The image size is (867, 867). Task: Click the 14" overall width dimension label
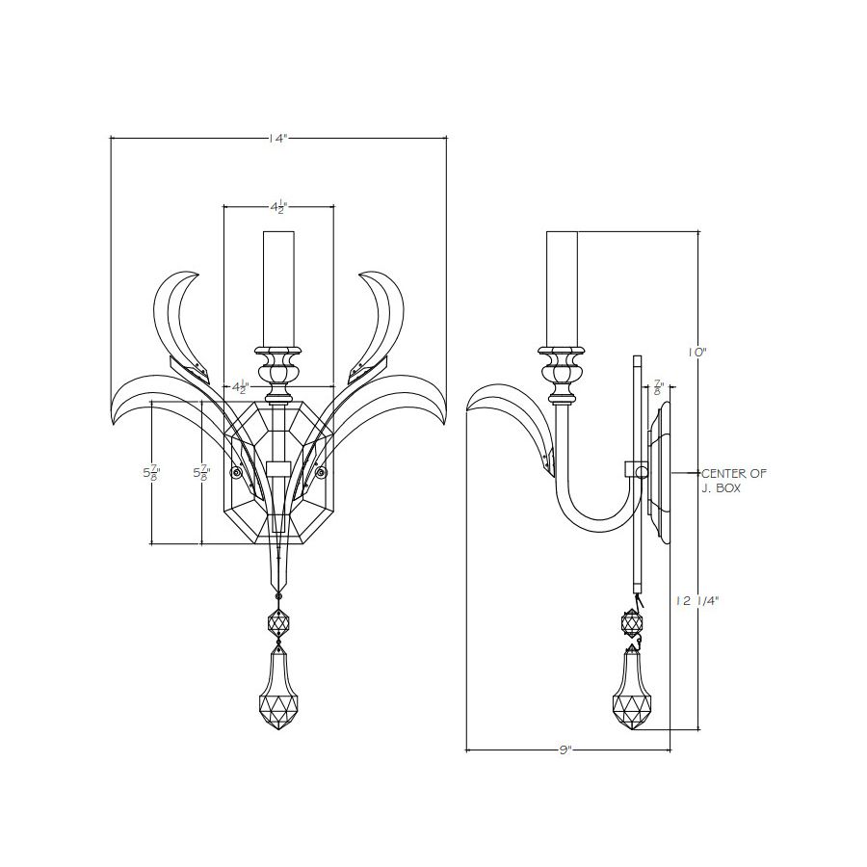pyautogui.click(x=278, y=138)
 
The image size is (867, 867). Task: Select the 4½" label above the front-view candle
pyautogui.click(x=279, y=208)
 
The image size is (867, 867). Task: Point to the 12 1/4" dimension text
pyautogui.click(x=696, y=601)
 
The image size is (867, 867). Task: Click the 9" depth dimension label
pyautogui.click(x=565, y=750)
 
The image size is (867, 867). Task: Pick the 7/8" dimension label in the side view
pyautogui.click(x=658, y=386)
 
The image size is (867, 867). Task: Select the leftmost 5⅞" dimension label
pyautogui.click(x=151, y=474)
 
